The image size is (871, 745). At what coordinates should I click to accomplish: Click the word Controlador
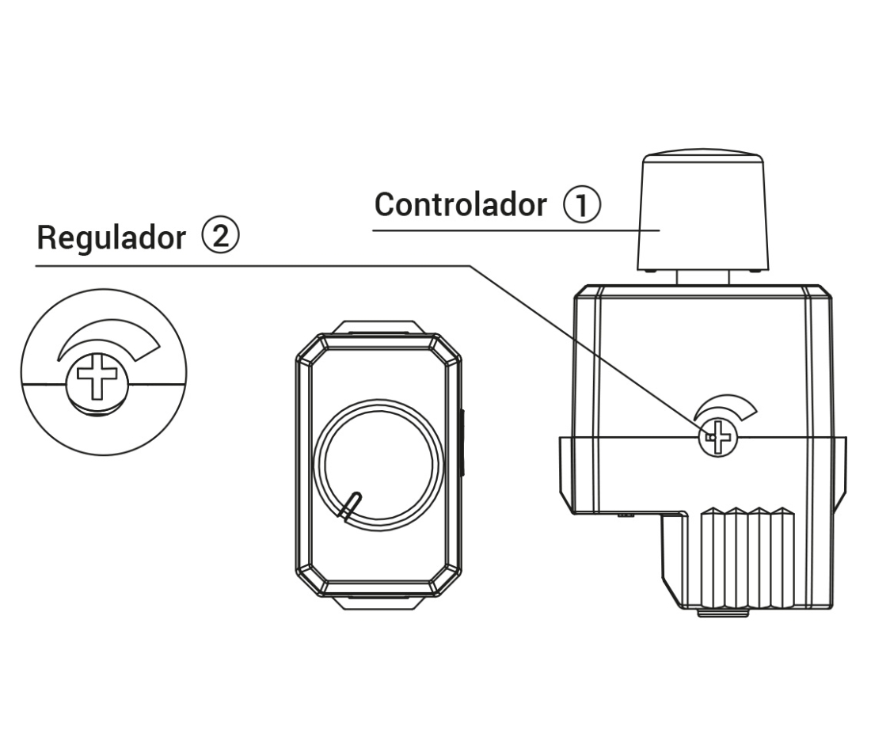pyautogui.click(x=461, y=204)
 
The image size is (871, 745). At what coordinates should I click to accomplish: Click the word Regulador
pyautogui.click(x=111, y=238)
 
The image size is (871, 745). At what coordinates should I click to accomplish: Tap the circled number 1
pyautogui.click(x=582, y=204)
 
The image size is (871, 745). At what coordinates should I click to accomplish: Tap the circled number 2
pyautogui.click(x=220, y=236)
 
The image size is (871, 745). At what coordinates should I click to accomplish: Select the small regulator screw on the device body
pyautogui.click(x=717, y=437)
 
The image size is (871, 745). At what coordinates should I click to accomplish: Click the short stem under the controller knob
pyautogui.click(x=702, y=277)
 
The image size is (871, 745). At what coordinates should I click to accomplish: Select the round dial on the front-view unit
pyautogui.click(x=378, y=465)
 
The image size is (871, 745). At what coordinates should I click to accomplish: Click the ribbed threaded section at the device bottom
pyautogui.click(x=747, y=557)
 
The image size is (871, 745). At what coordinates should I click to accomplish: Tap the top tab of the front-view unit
pyautogui.click(x=379, y=327)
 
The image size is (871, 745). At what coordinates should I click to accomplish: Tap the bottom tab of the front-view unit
pyautogui.click(x=379, y=603)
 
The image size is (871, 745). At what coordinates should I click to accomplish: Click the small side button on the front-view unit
pyautogui.click(x=462, y=443)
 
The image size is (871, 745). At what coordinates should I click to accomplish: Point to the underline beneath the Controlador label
pyautogui.click(x=516, y=230)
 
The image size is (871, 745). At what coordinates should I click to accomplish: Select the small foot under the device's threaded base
pyautogui.click(x=722, y=613)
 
